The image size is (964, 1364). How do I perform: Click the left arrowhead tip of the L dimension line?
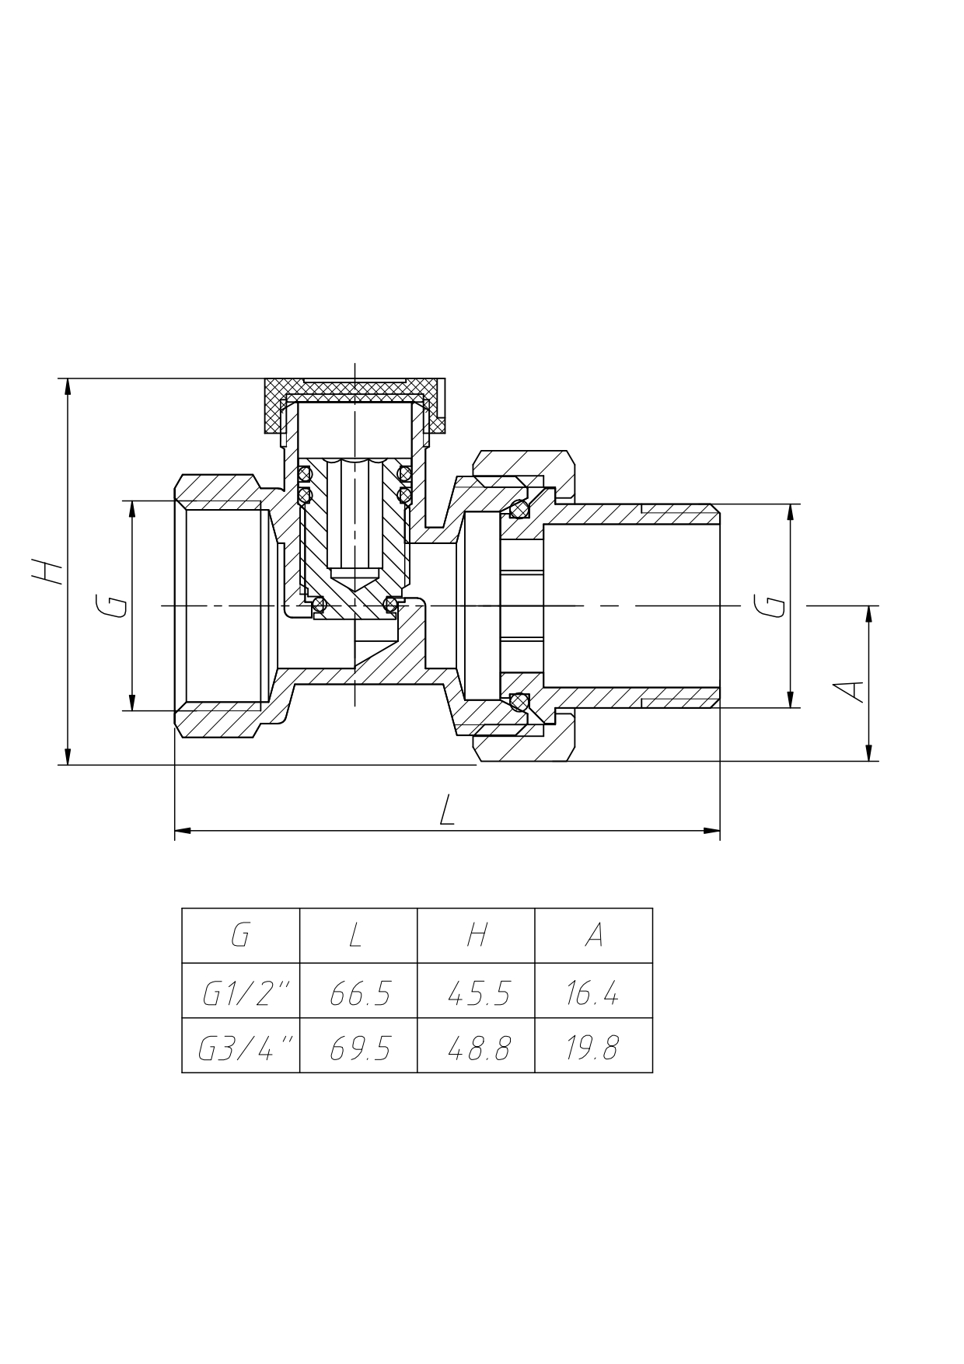click(175, 831)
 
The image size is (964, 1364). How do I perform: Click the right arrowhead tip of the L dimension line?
click(720, 831)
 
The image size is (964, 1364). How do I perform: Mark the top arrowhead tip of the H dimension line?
click(68, 379)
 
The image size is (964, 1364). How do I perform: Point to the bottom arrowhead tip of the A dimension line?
click(869, 761)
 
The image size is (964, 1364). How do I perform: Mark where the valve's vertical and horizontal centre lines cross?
click(355, 605)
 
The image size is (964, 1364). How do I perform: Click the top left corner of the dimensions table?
click(182, 908)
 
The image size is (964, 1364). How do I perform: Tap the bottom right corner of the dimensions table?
click(652, 1073)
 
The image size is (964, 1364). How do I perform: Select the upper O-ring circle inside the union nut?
click(519, 510)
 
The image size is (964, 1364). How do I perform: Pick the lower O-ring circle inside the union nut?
click(519, 701)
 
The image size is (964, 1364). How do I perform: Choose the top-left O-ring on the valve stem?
click(305, 473)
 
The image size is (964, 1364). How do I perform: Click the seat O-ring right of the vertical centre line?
click(393, 604)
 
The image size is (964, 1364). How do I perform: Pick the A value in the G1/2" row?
click(592, 994)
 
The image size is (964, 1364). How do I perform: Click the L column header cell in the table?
click(358, 936)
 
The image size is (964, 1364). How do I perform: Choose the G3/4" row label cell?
click(241, 1045)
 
